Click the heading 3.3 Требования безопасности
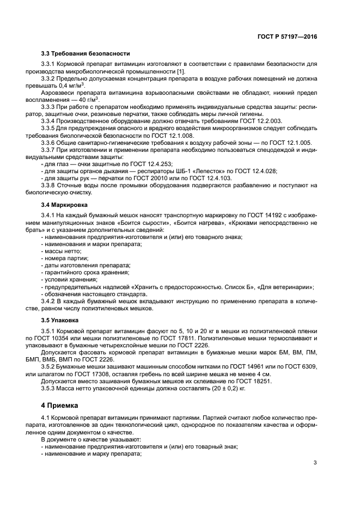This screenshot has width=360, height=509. coord(85,53)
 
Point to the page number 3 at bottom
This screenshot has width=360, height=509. coord(315,463)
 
